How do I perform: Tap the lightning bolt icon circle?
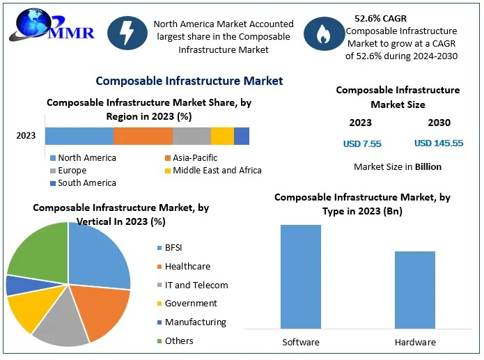[x=127, y=36]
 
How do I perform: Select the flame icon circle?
[x=322, y=36]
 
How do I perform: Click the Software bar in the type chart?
[x=301, y=276]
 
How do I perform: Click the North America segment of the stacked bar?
[x=79, y=136]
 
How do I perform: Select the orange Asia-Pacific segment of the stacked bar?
[x=143, y=136]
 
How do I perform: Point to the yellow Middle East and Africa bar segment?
[x=222, y=136]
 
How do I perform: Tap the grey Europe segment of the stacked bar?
[x=192, y=136]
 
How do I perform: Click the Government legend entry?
[x=190, y=304]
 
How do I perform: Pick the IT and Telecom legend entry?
[x=196, y=285]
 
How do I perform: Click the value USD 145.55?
[x=439, y=143]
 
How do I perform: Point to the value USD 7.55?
[x=362, y=143]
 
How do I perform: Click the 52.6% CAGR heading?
[x=380, y=18]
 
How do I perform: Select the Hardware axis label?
[x=415, y=342]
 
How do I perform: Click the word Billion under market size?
[x=428, y=167]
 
